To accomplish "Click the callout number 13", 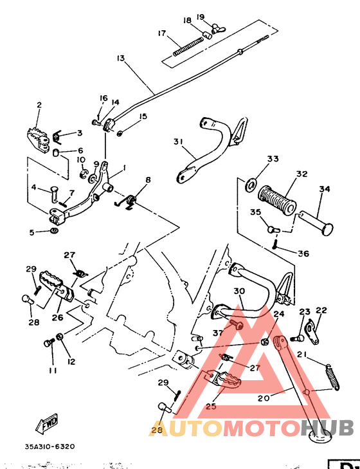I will click(x=120, y=58).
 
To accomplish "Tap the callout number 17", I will click(x=161, y=33).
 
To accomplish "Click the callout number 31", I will click(x=178, y=142).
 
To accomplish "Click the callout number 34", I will click(x=324, y=189).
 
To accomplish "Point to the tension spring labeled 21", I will click(x=331, y=376).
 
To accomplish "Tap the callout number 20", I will click(x=263, y=398).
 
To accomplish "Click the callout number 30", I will click(x=239, y=291).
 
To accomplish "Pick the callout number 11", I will click(x=51, y=371).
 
